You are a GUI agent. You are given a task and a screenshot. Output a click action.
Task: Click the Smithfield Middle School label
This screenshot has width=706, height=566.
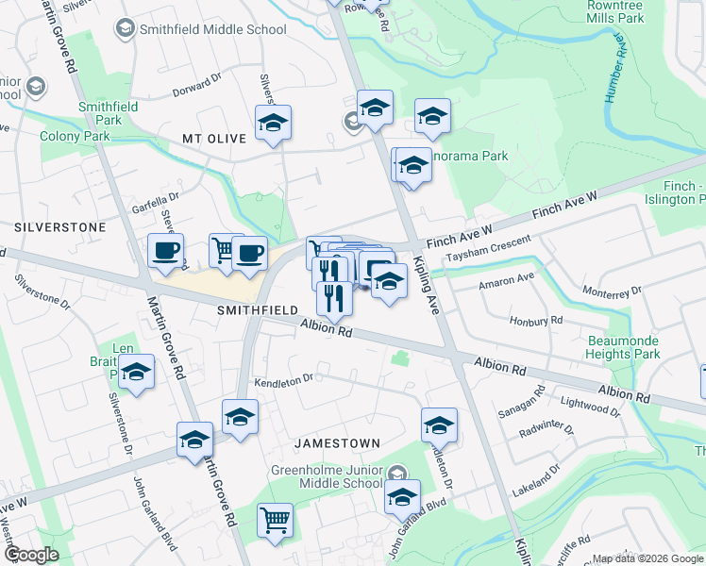pos(212,29)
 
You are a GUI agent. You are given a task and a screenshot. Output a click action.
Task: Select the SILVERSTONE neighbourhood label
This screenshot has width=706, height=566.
pos(59,227)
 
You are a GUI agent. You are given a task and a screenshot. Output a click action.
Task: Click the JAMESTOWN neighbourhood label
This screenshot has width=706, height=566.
pos(337,442)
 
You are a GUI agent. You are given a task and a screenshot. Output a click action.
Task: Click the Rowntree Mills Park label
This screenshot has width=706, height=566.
pos(614,11)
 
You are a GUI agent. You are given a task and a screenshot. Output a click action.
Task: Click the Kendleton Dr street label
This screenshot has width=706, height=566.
pos(283,380)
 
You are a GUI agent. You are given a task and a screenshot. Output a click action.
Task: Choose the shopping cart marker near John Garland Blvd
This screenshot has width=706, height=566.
pos(275,519)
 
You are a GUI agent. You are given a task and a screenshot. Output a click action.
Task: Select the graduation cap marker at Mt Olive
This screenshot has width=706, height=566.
pos(273,124)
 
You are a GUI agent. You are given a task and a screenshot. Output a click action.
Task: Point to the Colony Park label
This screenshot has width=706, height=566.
pos(75,136)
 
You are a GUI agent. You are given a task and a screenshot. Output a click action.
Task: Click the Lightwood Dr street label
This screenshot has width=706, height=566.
pos(589,407)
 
